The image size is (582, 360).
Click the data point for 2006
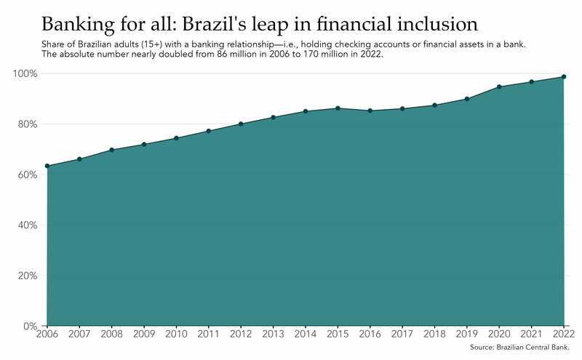pos(47,166)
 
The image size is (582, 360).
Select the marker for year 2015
pos(338,108)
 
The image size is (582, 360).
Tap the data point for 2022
pos(564,77)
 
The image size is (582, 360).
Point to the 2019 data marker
pos(467,99)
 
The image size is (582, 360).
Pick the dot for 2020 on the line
pos(499,87)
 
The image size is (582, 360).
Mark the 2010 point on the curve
pos(176,138)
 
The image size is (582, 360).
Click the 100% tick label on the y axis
pos(25,73)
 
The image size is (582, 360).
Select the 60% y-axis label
pos(28,175)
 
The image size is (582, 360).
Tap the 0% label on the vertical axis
pos(31,327)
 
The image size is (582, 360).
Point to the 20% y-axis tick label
pos(28,276)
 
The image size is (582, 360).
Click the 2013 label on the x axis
pos(274,334)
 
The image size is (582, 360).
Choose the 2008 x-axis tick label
pos(112,334)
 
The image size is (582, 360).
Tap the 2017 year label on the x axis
pos(402,334)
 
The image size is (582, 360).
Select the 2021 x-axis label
pos(532,334)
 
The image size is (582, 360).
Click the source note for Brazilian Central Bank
pos(519,348)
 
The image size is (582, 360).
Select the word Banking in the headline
pos(79,25)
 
